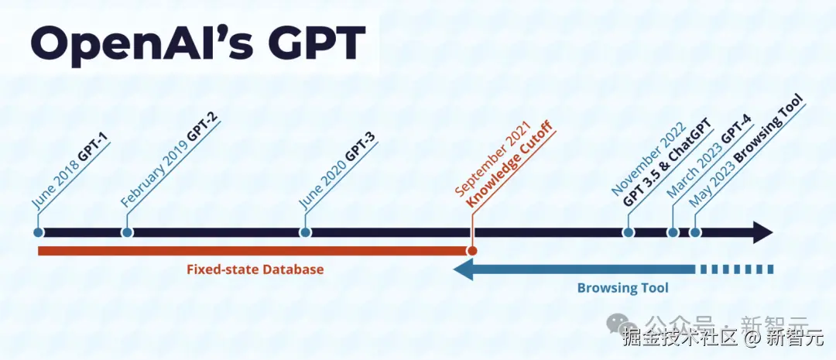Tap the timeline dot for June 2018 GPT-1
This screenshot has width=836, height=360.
tap(38, 231)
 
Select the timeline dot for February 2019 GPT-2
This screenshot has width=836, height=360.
tap(128, 231)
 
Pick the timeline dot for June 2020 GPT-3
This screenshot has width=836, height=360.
tap(306, 231)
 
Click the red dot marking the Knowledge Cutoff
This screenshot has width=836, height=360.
tap(472, 251)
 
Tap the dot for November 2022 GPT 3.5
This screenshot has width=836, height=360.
tap(629, 231)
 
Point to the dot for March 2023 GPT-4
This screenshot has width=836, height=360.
tap(673, 231)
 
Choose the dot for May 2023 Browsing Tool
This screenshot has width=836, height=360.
tap(695, 231)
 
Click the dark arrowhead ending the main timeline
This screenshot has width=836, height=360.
tap(763, 231)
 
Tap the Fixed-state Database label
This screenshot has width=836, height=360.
tap(255, 269)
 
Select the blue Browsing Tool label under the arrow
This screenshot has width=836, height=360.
tap(622, 288)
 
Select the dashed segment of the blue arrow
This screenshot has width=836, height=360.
tap(735, 269)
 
